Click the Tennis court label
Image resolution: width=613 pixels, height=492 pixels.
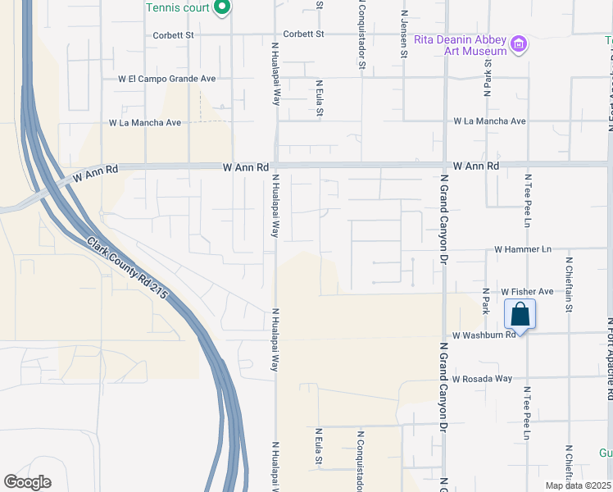click(x=177, y=7)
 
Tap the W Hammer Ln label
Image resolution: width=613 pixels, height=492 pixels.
click(x=523, y=249)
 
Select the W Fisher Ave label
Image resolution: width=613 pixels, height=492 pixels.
click(x=527, y=291)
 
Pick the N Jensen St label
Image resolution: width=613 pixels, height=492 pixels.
click(x=403, y=34)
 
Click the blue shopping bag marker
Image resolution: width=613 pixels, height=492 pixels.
click(x=520, y=314)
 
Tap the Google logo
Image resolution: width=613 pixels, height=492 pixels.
click(x=27, y=482)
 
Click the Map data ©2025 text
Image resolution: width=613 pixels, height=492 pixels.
click(x=578, y=485)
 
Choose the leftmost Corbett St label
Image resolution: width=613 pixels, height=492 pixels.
click(x=173, y=35)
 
